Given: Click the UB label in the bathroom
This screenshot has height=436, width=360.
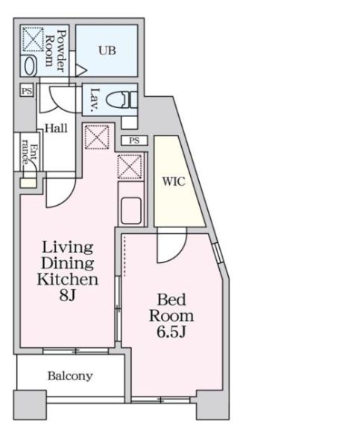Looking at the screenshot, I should pos(107,50).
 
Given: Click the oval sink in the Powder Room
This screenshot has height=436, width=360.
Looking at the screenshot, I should pos(29,65).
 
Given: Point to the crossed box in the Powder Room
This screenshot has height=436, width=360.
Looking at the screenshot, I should pos(32,38).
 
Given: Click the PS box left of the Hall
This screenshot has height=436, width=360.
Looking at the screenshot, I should pos(27,91).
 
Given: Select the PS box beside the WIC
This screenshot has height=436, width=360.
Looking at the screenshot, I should pos(134,140).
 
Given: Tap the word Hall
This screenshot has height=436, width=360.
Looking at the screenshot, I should pos(56,128).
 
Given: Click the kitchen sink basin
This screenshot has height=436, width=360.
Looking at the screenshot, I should pos(131,210).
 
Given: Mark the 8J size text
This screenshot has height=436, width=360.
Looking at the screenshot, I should pos(68,296).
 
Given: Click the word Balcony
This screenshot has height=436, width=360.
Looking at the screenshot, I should pos(70,376).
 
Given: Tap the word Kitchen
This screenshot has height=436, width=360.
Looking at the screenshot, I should pos(68,279).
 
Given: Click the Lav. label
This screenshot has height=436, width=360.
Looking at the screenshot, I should pos(95,99).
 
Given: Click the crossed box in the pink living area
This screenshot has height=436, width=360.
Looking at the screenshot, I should pos(96,136).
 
